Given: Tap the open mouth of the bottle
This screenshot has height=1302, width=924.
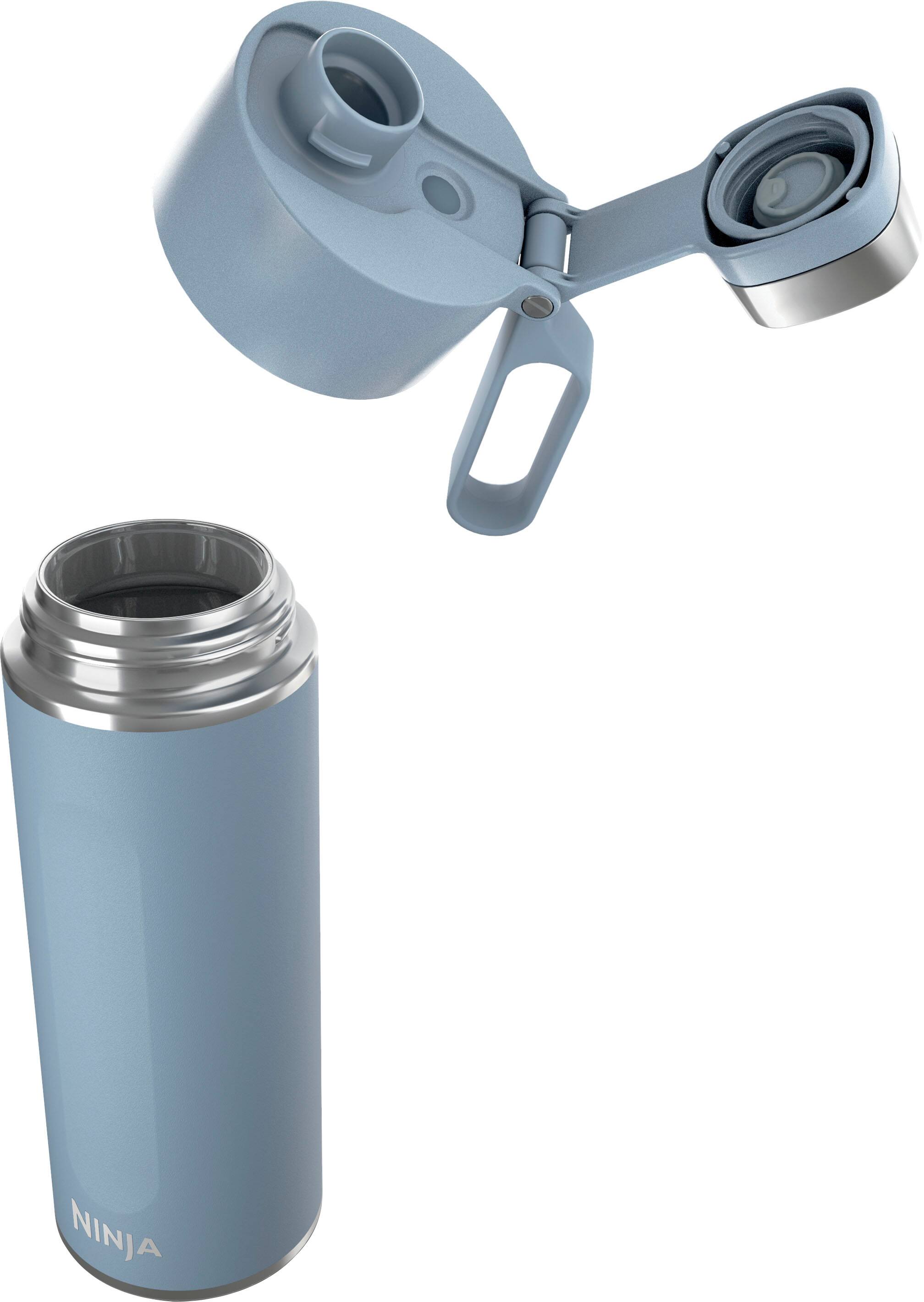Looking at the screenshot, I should click(x=156, y=586).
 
